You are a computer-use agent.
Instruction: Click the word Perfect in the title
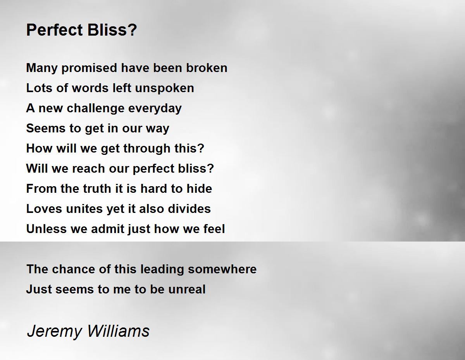point(55,29)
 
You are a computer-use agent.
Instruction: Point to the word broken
point(207,68)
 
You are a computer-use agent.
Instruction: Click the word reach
point(88,168)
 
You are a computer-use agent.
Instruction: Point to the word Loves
point(44,209)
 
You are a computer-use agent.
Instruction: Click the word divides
point(189,209)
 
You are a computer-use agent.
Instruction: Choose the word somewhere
point(222,269)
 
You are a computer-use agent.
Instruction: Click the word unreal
point(187,289)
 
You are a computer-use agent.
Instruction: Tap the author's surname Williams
point(118,331)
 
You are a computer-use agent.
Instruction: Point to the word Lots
point(39,88)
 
